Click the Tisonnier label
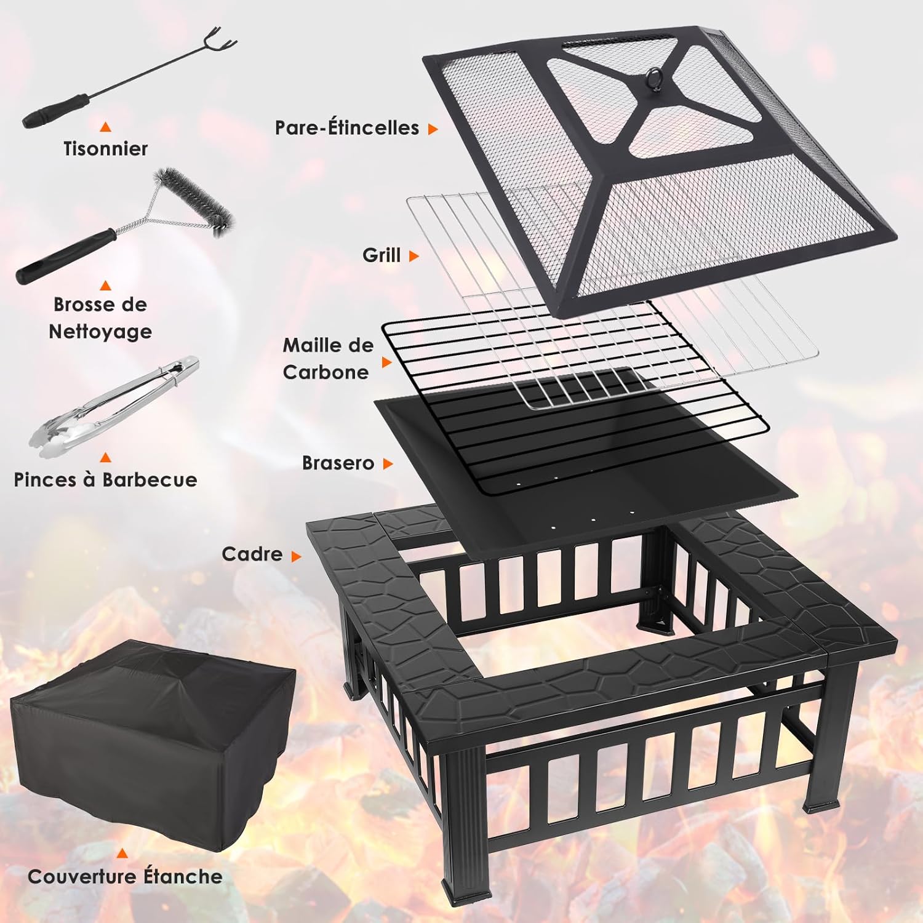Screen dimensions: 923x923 coord(105,148)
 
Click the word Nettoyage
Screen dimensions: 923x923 coord(100,332)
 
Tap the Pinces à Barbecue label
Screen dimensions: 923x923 coord(105,480)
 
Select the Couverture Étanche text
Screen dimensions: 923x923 coord(125,876)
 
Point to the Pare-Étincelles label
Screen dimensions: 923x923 coord(347,128)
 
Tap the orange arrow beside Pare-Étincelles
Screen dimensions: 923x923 coord(433,129)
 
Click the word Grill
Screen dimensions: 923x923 coord(382,255)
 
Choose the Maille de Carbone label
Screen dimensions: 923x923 coord(327,359)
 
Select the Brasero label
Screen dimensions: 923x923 coord(338,463)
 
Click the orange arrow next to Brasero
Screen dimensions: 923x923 coord(388,464)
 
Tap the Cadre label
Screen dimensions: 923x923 coord(252,554)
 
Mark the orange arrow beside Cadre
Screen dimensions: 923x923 coord(296,556)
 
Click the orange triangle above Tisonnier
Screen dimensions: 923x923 coord(106,127)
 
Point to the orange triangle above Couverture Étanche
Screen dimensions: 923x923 coord(122,853)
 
